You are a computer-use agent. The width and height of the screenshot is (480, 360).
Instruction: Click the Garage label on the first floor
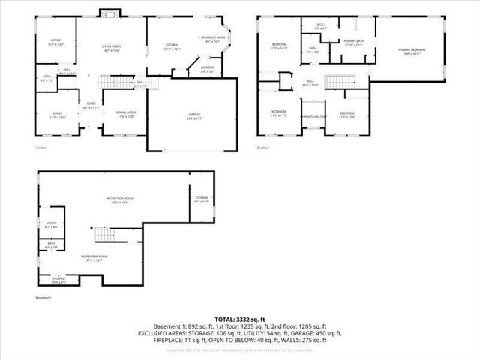pos(194,116)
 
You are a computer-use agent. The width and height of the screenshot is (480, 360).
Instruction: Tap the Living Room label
pos(111,49)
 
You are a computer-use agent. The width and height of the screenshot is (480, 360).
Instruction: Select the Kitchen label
pos(172,47)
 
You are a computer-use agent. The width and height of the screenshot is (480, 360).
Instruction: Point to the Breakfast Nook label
pos(213,40)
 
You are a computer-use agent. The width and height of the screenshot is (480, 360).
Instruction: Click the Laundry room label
pos(208,69)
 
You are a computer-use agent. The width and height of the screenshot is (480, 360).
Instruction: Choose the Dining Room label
pos(125,114)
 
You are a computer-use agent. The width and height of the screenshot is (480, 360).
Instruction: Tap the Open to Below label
pos(313,117)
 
